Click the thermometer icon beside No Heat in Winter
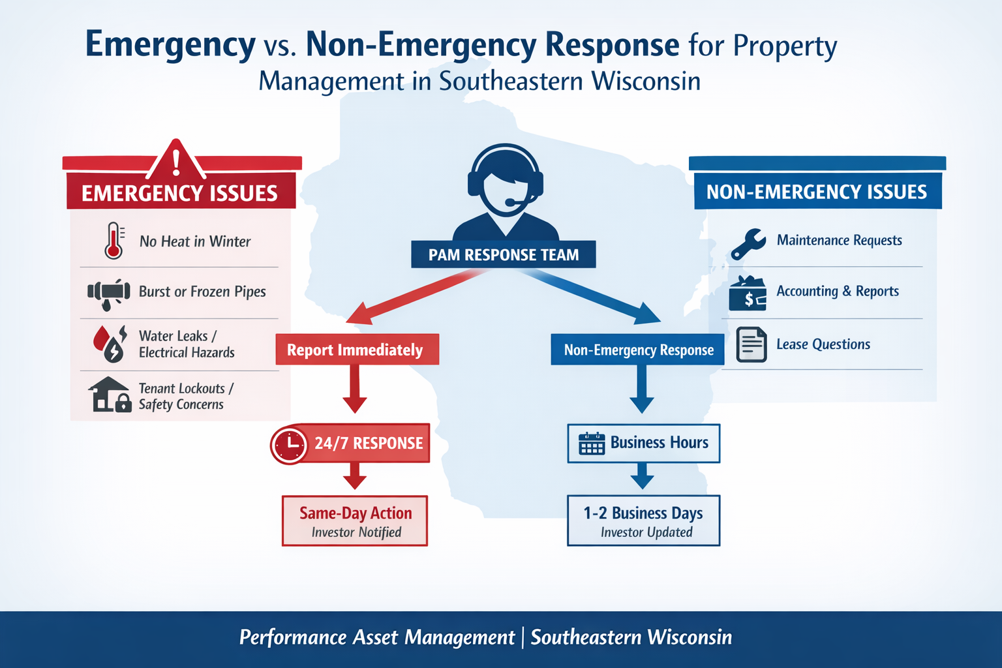click(x=114, y=241)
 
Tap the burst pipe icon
click(x=109, y=293)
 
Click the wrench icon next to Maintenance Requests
click(x=748, y=243)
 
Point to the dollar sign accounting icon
click(x=748, y=294)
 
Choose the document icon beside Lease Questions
click(x=751, y=344)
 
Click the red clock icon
click(x=288, y=444)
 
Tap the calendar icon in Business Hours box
click(x=592, y=444)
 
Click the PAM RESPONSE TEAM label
click(x=503, y=254)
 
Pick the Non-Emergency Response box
click(x=638, y=350)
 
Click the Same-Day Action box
click(x=355, y=521)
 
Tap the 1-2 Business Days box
click(x=643, y=521)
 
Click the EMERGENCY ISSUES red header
click(x=180, y=193)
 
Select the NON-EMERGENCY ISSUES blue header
click(x=817, y=192)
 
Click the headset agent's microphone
click(x=511, y=203)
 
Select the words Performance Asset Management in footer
click(x=377, y=637)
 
